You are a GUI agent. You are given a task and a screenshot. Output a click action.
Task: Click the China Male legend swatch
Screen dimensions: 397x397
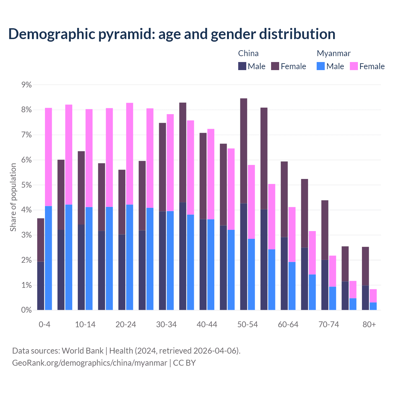pos(242,66)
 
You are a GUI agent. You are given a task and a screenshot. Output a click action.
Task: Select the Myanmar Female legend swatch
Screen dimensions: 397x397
pos(354,66)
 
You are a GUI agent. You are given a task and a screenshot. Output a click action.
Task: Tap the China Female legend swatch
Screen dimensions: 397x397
pos(275,66)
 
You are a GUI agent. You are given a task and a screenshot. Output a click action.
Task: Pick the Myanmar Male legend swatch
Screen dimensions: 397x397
pos(321,66)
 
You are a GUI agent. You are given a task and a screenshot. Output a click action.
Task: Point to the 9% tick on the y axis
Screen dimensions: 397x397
pos(26,85)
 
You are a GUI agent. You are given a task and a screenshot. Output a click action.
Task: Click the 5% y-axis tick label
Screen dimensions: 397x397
pos(26,185)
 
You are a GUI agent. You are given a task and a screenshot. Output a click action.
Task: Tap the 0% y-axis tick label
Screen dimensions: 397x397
pos(26,310)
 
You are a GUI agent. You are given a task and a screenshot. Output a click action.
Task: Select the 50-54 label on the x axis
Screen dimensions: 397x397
pos(248,324)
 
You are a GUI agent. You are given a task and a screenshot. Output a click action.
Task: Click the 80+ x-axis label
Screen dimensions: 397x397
pos(369,324)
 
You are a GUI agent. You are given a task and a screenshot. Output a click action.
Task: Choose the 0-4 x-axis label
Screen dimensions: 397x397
pos(44,324)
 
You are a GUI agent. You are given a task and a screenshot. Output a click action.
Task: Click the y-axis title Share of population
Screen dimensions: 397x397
pos(13,197)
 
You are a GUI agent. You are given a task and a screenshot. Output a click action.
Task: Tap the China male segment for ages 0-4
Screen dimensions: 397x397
pos(41,286)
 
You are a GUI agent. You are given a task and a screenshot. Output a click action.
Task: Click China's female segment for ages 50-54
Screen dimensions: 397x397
pos(244,151)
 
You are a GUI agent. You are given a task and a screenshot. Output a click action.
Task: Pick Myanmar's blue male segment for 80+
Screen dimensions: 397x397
pos(373,306)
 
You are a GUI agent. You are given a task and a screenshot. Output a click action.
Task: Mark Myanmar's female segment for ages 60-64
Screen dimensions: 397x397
pos(292,234)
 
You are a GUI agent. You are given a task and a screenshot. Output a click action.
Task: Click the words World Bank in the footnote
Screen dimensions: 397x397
pos(83,351)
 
